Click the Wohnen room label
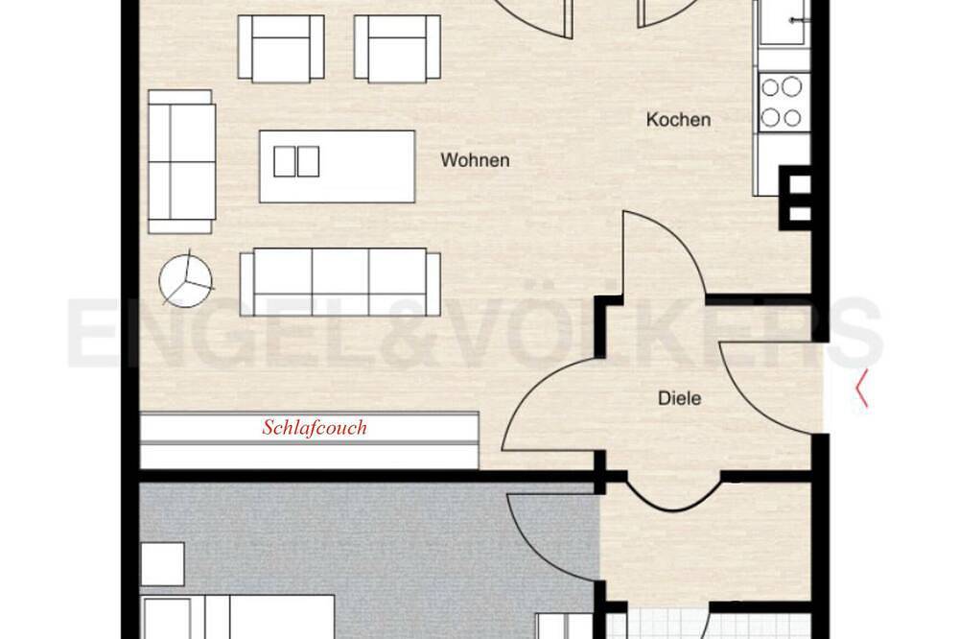point(475,160)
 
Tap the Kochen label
point(678,119)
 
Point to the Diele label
point(679,398)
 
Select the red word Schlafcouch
point(315,427)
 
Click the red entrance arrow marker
point(862,388)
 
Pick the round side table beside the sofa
point(186,281)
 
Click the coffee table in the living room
point(337,166)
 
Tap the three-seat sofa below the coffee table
point(340,281)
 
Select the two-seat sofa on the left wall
point(181,161)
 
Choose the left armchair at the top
point(281,48)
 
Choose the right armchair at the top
point(397,48)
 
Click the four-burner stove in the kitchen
point(781,102)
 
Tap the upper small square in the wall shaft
point(800,184)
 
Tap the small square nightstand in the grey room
point(162,564)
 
